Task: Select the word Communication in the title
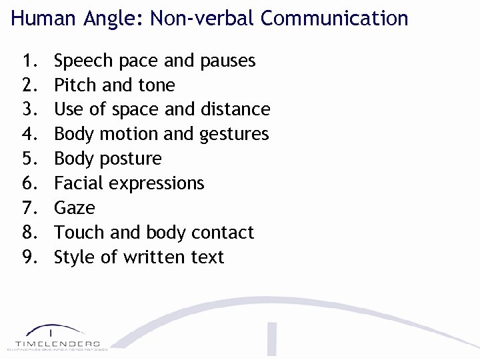334,18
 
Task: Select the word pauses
227,61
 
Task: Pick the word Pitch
75,85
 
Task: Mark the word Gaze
75,208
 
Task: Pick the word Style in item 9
75,257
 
